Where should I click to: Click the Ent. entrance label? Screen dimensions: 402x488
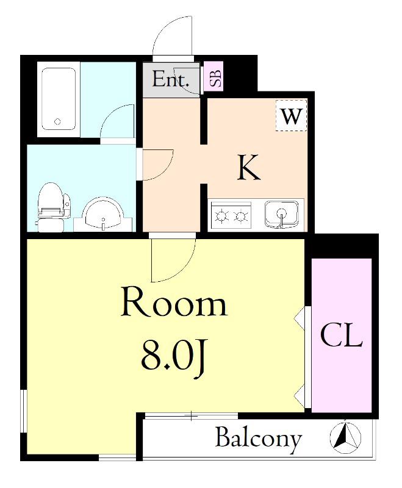171,79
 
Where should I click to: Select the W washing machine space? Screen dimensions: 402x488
291,115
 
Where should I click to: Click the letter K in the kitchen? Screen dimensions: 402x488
248,168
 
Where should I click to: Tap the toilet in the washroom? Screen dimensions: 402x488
54,206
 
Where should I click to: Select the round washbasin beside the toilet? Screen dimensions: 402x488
103,215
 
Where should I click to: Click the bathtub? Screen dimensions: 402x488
59,99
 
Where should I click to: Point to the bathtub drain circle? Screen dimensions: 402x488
57,121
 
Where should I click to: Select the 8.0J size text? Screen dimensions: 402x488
173,357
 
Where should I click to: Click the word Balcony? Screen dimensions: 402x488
258,439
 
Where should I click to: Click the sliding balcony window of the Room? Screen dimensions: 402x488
191,416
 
